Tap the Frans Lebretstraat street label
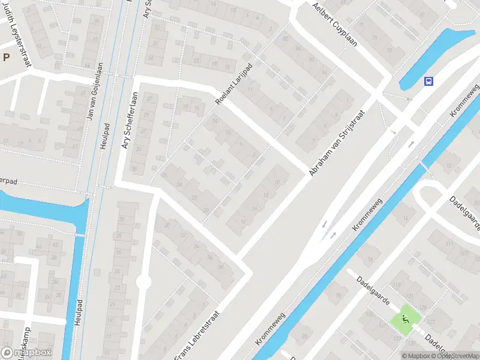[x=197, y=335]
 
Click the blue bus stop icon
[x=428, y=82]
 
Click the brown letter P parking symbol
[x=6, y=58]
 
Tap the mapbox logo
[x=26, y=353]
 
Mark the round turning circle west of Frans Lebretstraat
[x=143, y=282]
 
